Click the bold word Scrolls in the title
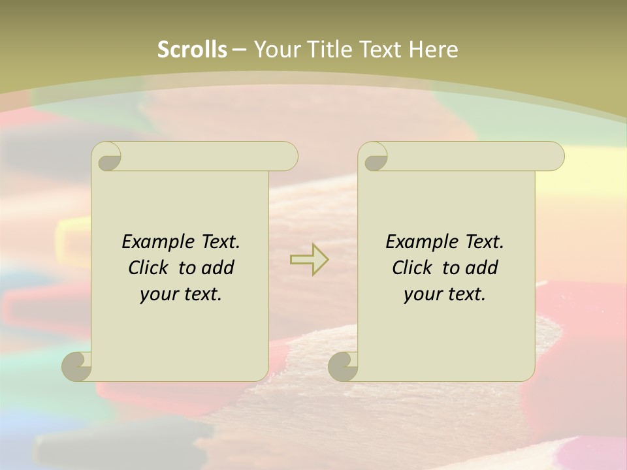coord(192,49)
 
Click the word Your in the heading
coord(276,49)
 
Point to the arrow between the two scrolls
coord(309,259)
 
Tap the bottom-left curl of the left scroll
coord(76,366)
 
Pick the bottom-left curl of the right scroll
coord(343,366)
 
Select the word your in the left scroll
coord(158,294)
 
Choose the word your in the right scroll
coord(422,294)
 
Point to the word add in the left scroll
coord(218,268)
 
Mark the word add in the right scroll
coord(482,268)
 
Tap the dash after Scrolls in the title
coord(239,50)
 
